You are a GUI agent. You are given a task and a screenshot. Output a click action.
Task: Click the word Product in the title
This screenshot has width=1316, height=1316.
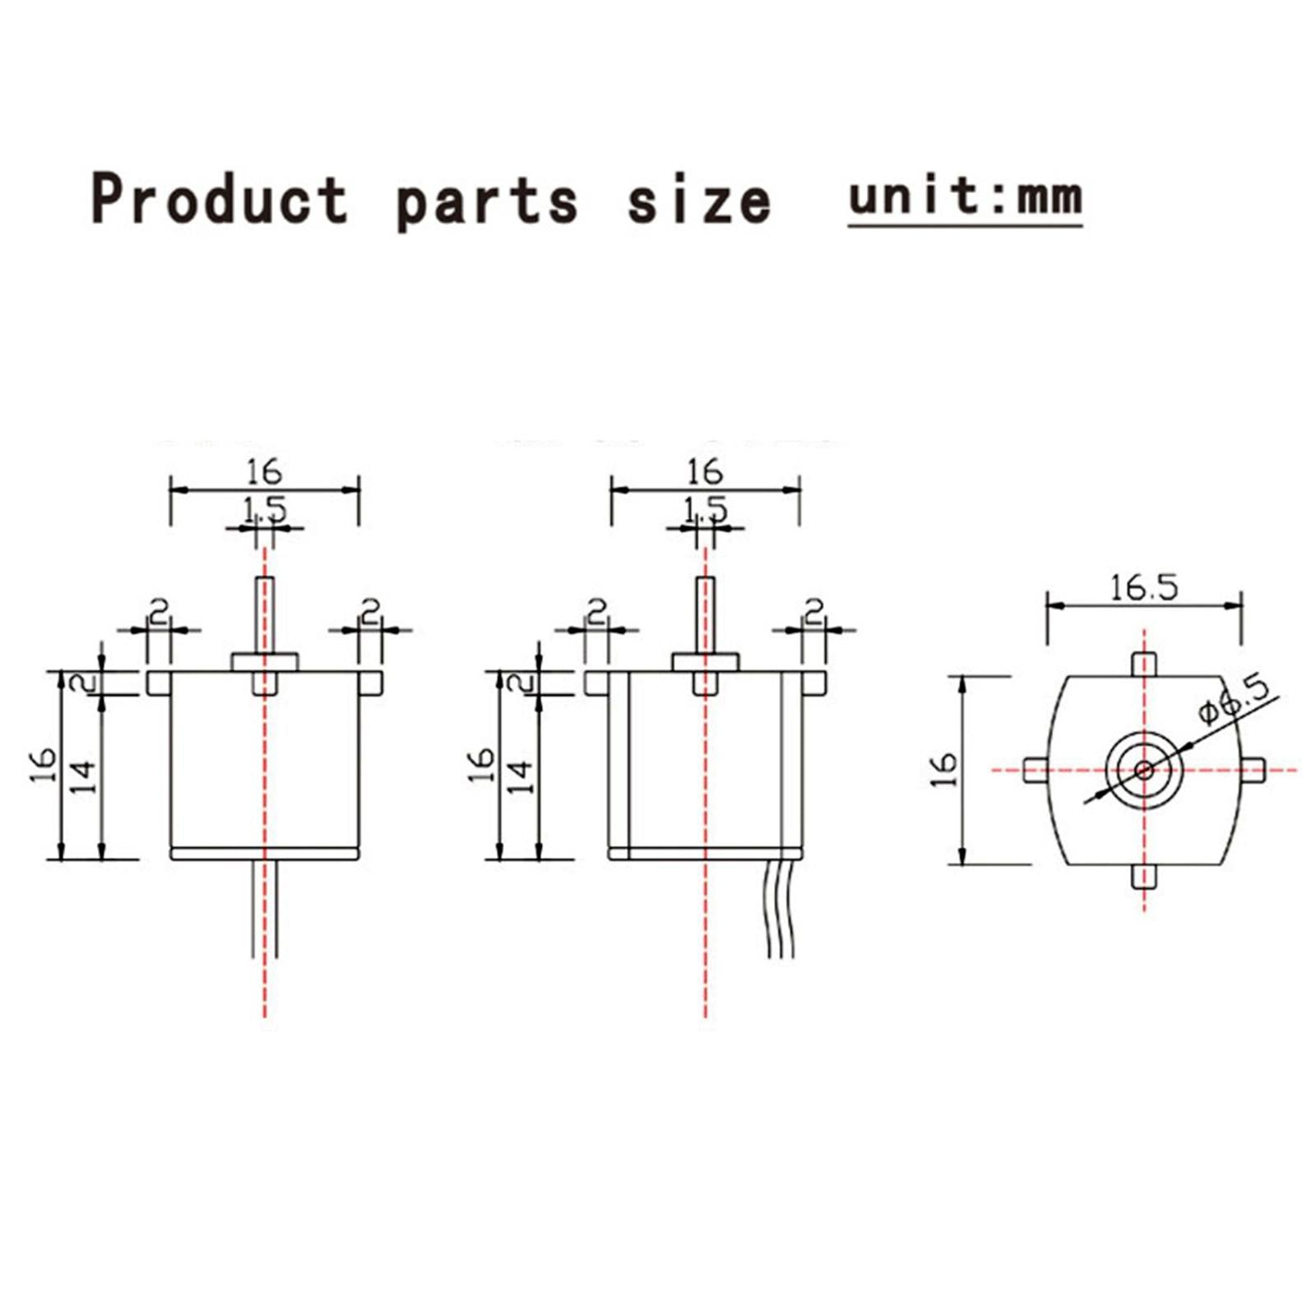point(220,200)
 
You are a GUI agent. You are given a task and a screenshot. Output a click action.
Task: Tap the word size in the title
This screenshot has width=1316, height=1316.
point(699,200)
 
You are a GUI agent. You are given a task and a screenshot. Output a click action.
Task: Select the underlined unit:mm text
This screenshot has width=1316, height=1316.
point(965,197)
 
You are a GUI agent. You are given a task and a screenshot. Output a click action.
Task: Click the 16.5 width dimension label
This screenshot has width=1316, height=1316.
point(1143,587)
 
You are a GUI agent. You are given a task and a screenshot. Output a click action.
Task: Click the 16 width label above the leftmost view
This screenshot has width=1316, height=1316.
point(264,472)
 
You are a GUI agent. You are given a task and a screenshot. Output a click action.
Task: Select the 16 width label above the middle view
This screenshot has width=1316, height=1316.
point(705,472)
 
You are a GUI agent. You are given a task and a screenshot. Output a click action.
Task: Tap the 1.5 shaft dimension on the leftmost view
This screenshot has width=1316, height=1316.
point(265,511)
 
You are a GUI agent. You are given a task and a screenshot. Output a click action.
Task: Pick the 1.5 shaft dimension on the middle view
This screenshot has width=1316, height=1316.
point(706,511)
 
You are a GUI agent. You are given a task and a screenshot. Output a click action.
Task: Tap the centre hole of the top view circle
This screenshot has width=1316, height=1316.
point(1144,770)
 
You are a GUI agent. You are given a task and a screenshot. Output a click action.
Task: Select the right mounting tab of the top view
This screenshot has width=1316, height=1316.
point(1253,770)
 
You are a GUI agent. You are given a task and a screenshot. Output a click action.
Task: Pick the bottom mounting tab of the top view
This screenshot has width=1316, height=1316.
point(1144,877)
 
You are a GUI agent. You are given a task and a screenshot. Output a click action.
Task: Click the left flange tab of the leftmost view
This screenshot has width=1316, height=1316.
point(159,683)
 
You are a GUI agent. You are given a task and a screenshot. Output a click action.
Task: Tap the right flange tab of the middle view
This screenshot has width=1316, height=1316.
point(813,683)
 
